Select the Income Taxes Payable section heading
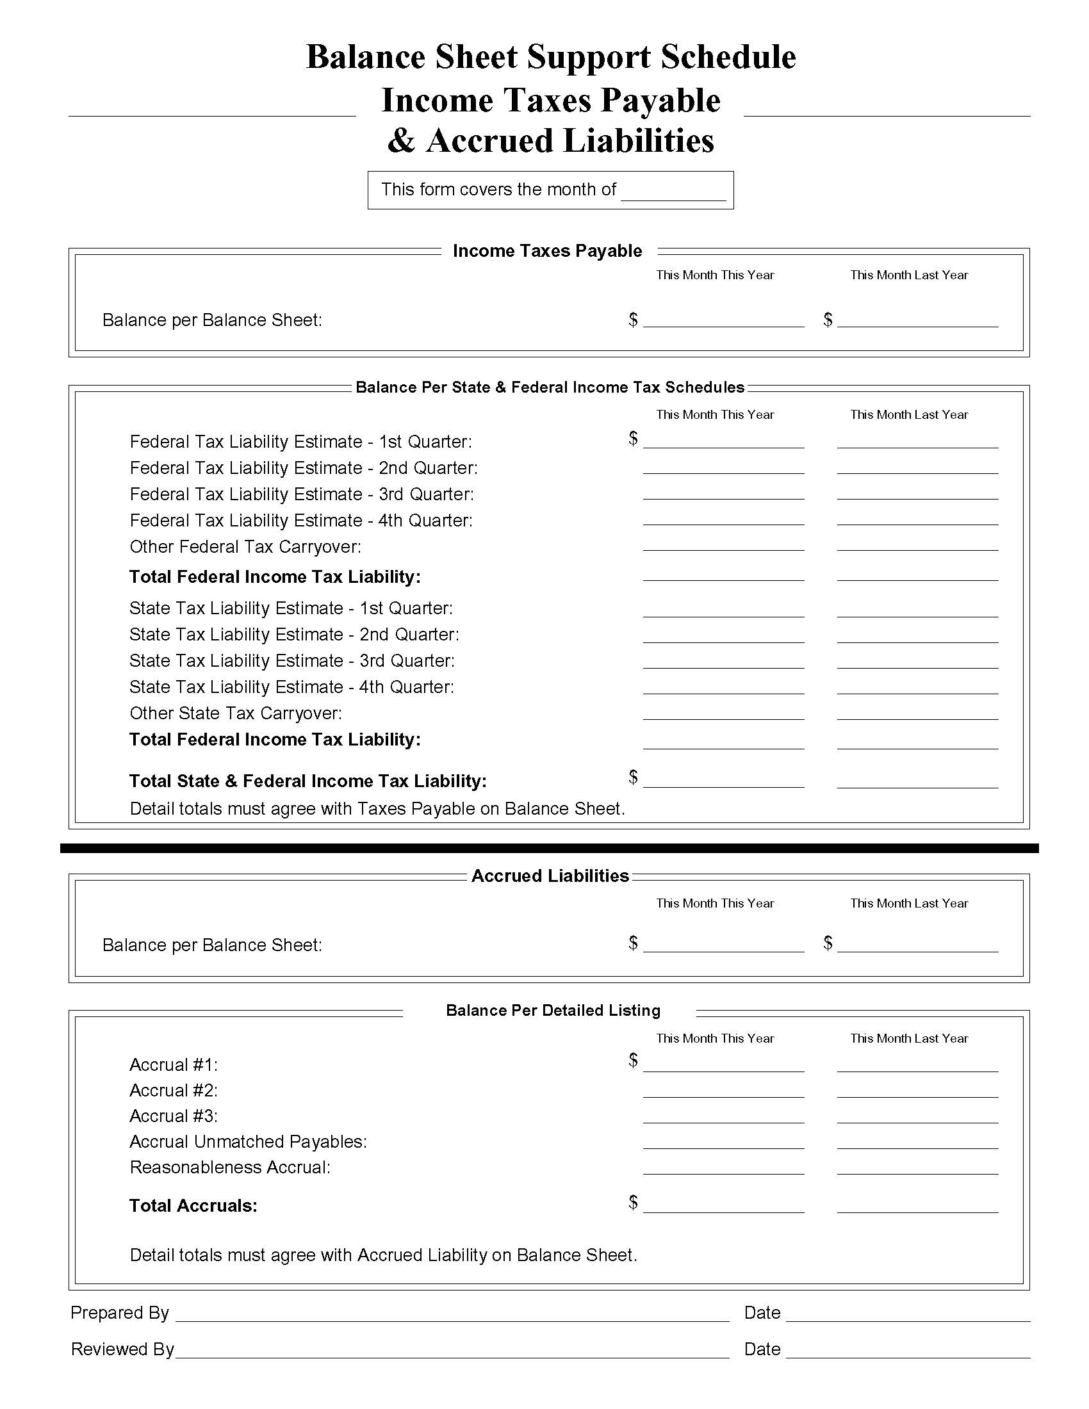(x=547, y=251)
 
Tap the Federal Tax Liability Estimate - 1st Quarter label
(x=300, y=442)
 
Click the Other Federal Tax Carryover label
(x=245, y=547)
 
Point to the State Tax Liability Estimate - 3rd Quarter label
(x=291, y=661)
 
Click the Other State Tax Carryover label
(x=236, y=713)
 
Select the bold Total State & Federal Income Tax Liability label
(x=307, y=781)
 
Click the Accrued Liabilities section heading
(x=550, y=876)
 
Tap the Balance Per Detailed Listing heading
(x=553, y=1010)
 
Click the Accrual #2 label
(x=174, y=1090)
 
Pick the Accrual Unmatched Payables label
(x=248, y=1141)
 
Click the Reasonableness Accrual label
(x=230, y=1167)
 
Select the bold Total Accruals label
(x=193, y=1206)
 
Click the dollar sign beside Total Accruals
(x=633, y=1202)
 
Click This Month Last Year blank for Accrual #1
(x=917, y=1065)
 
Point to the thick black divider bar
(x=549, y=849)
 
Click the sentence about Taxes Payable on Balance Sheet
(x=377, y=809)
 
